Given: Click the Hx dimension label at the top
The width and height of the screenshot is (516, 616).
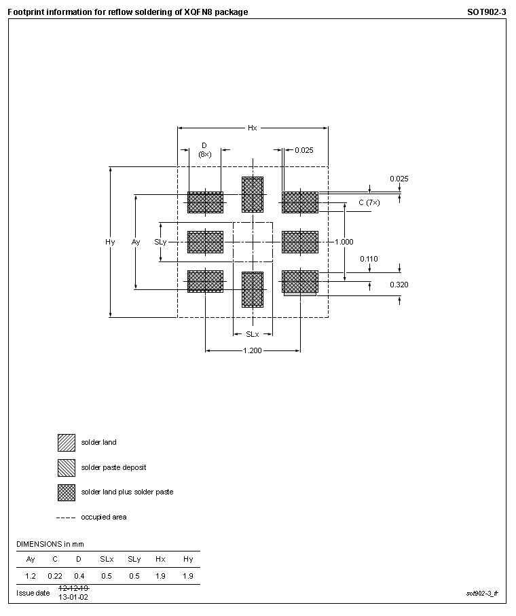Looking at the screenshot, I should (252, 128).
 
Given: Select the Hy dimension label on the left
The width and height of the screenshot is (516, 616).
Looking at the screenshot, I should (110, 242).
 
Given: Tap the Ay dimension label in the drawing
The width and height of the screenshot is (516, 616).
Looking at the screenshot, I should (136, 242).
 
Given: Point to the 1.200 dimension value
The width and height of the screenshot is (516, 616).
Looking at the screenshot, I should (253, 350).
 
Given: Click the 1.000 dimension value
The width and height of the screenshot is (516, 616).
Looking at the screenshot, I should (344, 242).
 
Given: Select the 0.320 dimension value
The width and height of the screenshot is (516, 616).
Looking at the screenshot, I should (399, 285).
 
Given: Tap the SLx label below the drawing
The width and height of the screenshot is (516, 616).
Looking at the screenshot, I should (252, 334).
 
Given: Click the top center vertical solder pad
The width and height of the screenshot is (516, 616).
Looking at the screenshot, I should (253, 195).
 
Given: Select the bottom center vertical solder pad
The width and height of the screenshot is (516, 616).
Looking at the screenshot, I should (253, 290).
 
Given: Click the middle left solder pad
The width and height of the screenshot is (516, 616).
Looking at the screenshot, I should (205, 242).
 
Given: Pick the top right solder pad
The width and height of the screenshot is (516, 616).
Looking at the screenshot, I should (300, 202).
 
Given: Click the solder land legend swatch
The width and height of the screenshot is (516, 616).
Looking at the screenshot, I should (66, 442).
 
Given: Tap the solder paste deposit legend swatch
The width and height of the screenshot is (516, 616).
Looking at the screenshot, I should (66, 467).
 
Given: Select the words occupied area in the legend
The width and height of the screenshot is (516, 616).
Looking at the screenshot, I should (103, 517).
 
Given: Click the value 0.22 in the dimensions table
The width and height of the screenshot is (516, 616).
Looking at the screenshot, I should (54, 576).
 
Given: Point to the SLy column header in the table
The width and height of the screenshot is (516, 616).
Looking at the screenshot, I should (134, 559).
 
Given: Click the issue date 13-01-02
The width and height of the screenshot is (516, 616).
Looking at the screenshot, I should (73, 597).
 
